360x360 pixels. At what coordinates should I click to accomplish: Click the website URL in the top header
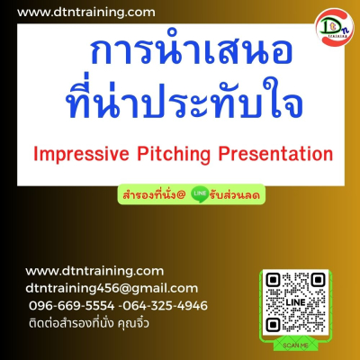coord(86,13)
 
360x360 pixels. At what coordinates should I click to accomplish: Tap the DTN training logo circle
coord(335,27)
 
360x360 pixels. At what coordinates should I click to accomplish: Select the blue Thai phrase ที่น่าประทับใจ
coord(184,97)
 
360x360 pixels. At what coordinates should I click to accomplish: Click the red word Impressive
coord(81,154)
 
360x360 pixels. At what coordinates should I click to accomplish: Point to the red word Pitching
coord(174,154)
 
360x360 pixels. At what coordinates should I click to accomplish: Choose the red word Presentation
coord(275,154)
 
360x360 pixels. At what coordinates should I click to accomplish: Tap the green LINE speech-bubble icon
coord(200,194)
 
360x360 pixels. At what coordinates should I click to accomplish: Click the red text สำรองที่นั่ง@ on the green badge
coord(154,195)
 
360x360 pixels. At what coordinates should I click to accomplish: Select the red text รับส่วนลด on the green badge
coord(235,195)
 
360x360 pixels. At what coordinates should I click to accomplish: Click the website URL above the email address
coord(94,271)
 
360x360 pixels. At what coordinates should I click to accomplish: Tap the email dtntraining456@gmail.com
coord(112,288)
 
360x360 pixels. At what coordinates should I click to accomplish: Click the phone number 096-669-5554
coord(72,306)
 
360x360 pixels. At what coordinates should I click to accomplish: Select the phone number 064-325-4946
coord(165,306)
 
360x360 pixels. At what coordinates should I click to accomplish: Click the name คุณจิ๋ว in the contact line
coord(133,323)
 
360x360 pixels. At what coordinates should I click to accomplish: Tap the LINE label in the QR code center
coord(295,302)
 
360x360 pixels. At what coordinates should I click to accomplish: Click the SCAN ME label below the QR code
coord(295,346)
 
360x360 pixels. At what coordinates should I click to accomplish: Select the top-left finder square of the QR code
coord(273,280)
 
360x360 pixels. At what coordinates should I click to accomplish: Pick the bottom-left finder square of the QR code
coord(273,325)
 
